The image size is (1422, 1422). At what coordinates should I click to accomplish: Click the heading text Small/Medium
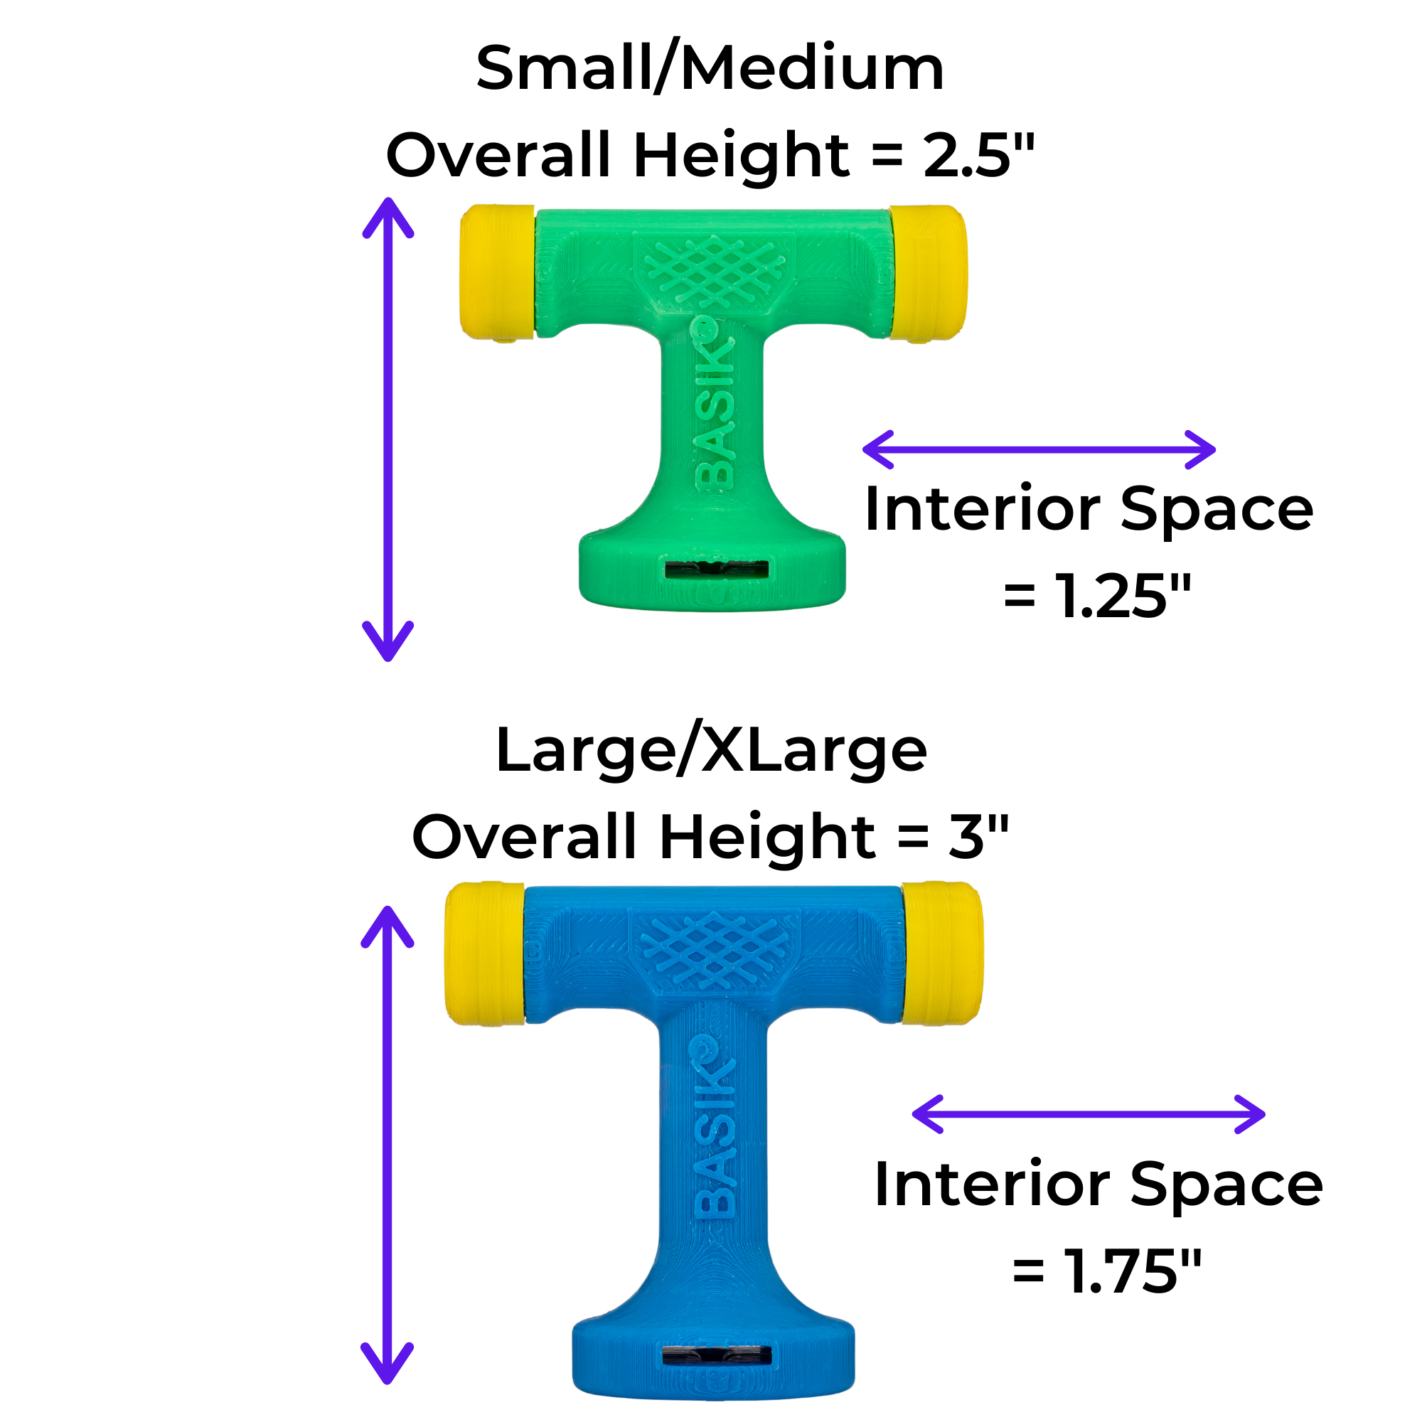(710, 68)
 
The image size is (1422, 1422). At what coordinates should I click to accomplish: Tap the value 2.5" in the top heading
(979, 155)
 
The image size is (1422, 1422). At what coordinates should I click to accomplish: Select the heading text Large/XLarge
(711, 752)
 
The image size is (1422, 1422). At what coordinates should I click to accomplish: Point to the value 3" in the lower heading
(978, 836)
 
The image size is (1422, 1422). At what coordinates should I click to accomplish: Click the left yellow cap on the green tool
(498, 273)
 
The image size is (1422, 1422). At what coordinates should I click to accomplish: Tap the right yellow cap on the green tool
(927, 273)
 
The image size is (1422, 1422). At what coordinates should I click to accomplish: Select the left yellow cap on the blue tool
(485, 953)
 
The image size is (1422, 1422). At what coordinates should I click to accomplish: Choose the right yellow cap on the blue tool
(943, 953)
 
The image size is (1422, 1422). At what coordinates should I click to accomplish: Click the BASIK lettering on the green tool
(715, 404)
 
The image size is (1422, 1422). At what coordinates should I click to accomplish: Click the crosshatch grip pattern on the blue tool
(715, 950)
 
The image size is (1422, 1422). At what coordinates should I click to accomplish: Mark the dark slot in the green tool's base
(716, 570)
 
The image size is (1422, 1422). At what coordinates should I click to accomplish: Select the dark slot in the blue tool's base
(716, 1355)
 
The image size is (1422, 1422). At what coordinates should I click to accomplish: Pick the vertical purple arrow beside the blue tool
(387, 1145)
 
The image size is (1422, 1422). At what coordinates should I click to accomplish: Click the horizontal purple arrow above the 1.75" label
(1089, 1114)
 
